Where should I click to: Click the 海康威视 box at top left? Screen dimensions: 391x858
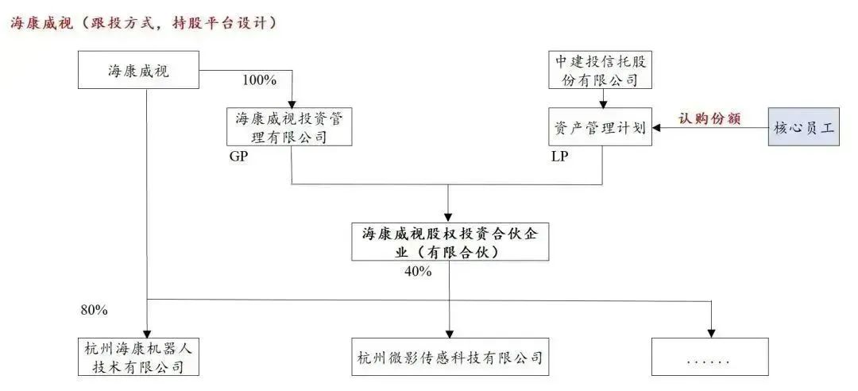tap(138, 71)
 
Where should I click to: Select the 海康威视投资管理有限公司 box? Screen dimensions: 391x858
tap(288, 127)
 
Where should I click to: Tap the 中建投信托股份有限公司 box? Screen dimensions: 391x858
tap(601, 70)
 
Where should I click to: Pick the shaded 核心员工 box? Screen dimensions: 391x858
tap(804, 127)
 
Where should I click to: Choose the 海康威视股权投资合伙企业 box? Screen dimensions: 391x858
tap(449, 242)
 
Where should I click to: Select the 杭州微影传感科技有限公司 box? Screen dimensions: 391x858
tap(450, 356)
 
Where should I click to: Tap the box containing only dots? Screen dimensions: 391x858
tap(709, 356)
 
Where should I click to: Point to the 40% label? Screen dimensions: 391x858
tap(418, 272)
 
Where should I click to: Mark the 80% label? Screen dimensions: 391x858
tap(94, 308)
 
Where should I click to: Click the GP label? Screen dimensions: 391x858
tap(238, 157)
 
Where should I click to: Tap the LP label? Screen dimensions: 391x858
tap(560, 157)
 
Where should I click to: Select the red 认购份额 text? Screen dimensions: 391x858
tap(709, 118)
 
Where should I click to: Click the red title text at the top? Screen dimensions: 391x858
tap(143, 23)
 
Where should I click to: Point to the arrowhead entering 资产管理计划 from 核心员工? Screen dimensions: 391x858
tap(657, 127)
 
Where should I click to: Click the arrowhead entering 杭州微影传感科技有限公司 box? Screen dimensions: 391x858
tap(449, 332)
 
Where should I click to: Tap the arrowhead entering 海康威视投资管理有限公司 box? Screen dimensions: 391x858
tap(293, 102)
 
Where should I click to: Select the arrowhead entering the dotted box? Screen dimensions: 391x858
tap(711, 332)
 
